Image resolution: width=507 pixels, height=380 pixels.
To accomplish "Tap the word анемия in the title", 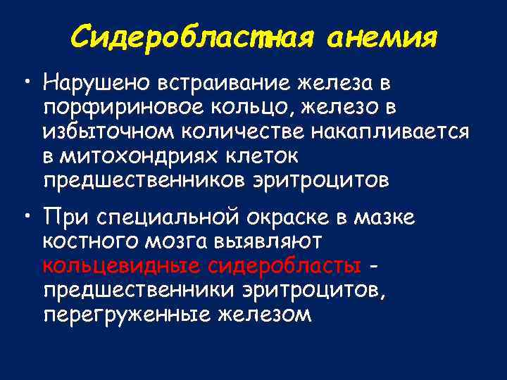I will tap(383, 35).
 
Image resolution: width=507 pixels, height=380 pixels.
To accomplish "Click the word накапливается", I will tap(398, 133).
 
